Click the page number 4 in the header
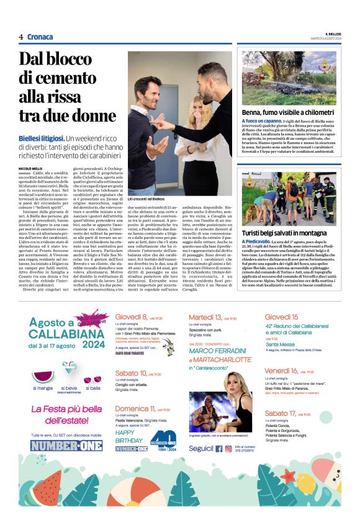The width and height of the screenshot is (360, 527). [x=21, y=37]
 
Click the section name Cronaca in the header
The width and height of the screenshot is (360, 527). [x=40, y=37]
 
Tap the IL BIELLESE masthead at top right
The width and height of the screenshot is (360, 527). [x=329, y=34]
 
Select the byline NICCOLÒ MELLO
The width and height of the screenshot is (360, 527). [x=30, y=168]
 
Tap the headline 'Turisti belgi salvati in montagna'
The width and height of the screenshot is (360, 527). [x=284, y=232]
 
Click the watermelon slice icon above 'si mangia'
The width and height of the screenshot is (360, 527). [x=43, y=362]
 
